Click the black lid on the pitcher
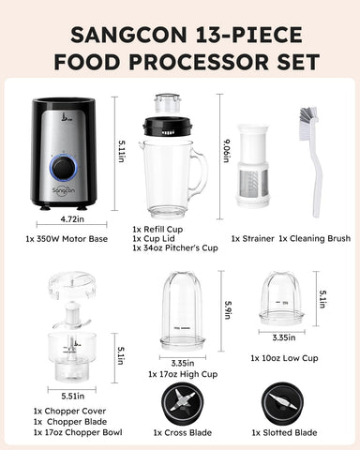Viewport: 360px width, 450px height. coord(167,125)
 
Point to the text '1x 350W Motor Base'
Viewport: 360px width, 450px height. coord(67,238)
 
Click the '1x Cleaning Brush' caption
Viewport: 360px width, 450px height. coord(314,238)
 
